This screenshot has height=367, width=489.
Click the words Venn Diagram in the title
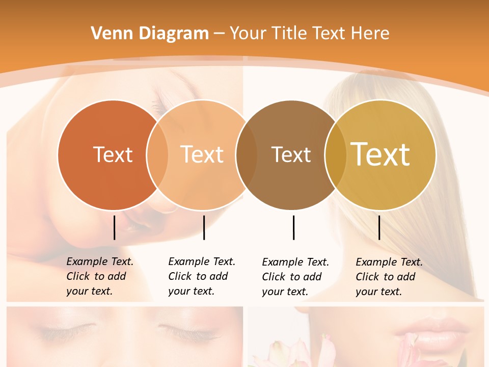click(150, 34)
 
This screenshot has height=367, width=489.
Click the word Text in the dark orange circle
click(113, 154)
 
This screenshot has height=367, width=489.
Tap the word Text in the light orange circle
click(202, 154)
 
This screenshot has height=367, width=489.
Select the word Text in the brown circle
click(291, 154)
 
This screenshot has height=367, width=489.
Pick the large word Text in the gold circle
click(381, 154)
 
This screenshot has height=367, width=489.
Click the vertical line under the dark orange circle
click(114, 227)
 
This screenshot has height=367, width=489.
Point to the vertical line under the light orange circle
click(204, 227)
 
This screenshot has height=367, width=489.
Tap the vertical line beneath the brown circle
click(293, 227)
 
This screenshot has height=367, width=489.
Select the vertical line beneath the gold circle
click(379, 227)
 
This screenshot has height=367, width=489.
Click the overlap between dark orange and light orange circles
click(157, 154)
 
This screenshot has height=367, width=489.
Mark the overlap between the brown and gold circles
click(335, 154)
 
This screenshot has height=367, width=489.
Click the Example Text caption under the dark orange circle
click(100, 276)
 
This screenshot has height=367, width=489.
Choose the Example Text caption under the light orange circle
click(202, 276)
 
